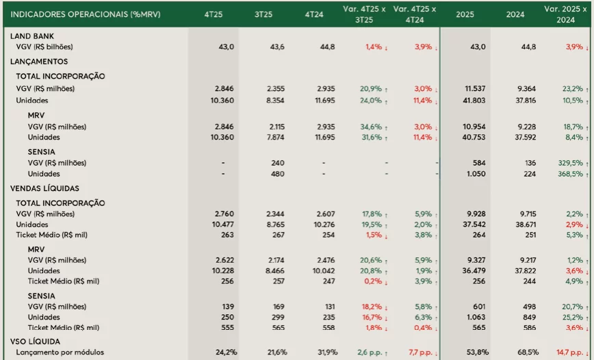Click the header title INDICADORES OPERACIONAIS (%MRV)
(86, 14)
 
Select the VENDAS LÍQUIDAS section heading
(44, 188)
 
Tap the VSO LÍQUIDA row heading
(36, 341)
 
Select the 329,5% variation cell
(570, 163)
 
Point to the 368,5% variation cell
(570, 174)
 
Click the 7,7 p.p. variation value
(418, 352)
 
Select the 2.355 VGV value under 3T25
(275, 89)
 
